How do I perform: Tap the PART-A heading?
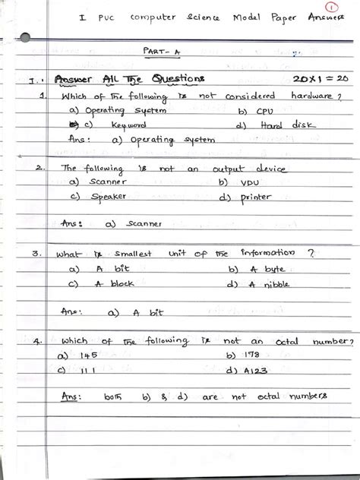pyautogui.click(x=159, y=49)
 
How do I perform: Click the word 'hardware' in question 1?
pyautogui.click(x=312, y=96)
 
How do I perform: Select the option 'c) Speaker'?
pyautogui.click(x=99, y=197)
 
